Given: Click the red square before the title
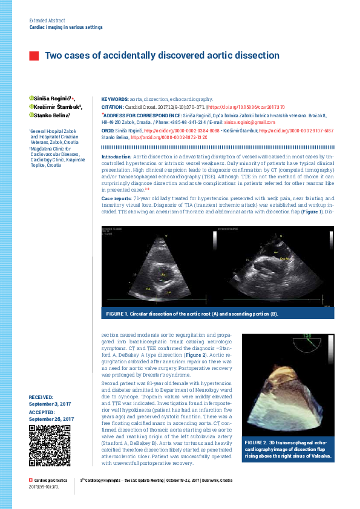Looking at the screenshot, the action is (34, 56).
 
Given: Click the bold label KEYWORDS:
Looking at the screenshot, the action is (114, 99).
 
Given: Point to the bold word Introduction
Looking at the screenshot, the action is (116, 156).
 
